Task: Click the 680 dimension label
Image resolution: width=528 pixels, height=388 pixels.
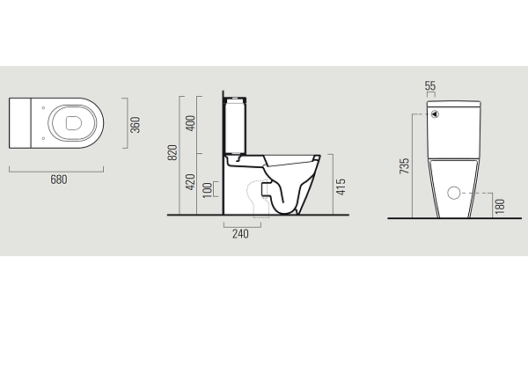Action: [59, 179]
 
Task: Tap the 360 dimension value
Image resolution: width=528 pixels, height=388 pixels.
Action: [135, 125]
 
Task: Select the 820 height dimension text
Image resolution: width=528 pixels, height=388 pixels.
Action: [172, 152]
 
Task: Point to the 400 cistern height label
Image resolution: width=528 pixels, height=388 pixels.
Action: [190, 123]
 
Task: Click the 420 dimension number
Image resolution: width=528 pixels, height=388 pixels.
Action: [190, 182]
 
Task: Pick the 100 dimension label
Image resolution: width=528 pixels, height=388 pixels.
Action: [208, 190]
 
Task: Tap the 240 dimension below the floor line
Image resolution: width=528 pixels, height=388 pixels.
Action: [240, 234]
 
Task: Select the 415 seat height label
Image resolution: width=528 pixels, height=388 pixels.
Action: [341, 187]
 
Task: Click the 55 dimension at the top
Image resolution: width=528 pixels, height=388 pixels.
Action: [430, 85]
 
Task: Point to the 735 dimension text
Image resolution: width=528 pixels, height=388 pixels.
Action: [404, 166]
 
